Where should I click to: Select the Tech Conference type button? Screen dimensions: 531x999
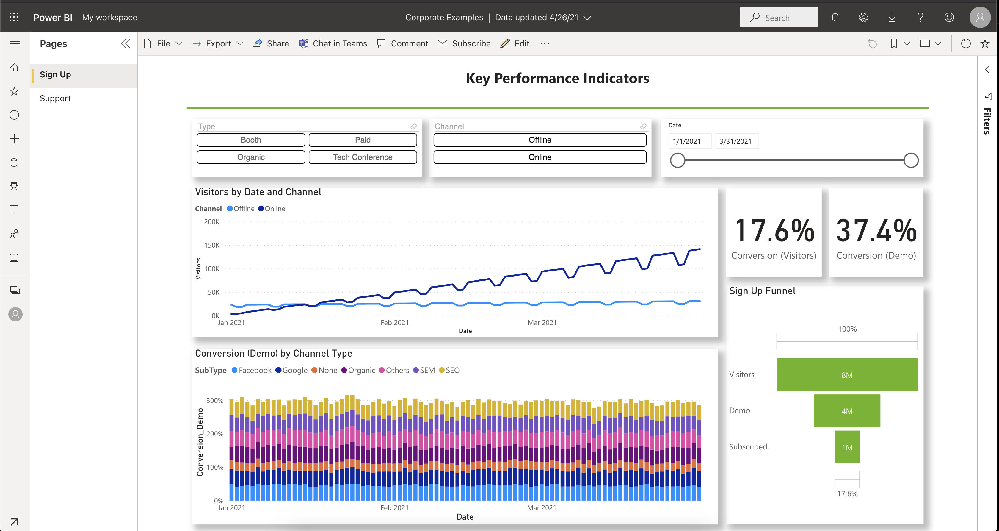click(x=363, y=157)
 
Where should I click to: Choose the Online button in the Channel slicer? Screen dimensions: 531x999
click(x=540, y=157)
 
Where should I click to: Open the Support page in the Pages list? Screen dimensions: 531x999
click(x=55, y=98)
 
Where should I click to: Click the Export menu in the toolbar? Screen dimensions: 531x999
click(x=218, y=43)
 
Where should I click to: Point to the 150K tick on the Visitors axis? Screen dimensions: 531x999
click(x=212, y=245)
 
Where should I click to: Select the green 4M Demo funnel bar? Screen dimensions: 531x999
click(x=847, y=411)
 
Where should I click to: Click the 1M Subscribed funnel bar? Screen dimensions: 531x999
click(x=847, y=447)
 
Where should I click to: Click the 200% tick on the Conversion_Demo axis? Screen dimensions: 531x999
click(x=215, y=434)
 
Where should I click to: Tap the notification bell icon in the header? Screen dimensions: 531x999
click(x=835, y=18)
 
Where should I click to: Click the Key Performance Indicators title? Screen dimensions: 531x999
click(x=557, y=78)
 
